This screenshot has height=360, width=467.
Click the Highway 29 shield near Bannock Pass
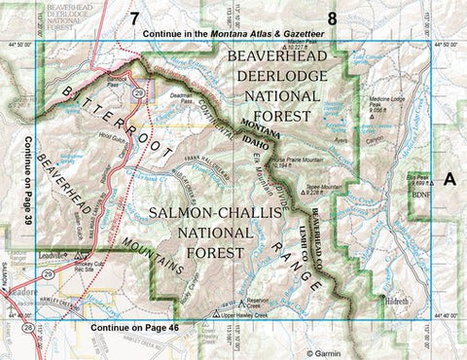click(140, 91)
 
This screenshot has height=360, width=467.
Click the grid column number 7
click(134, 18)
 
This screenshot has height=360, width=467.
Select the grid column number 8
click(333, 18)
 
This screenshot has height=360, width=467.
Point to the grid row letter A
click(449, 179)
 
